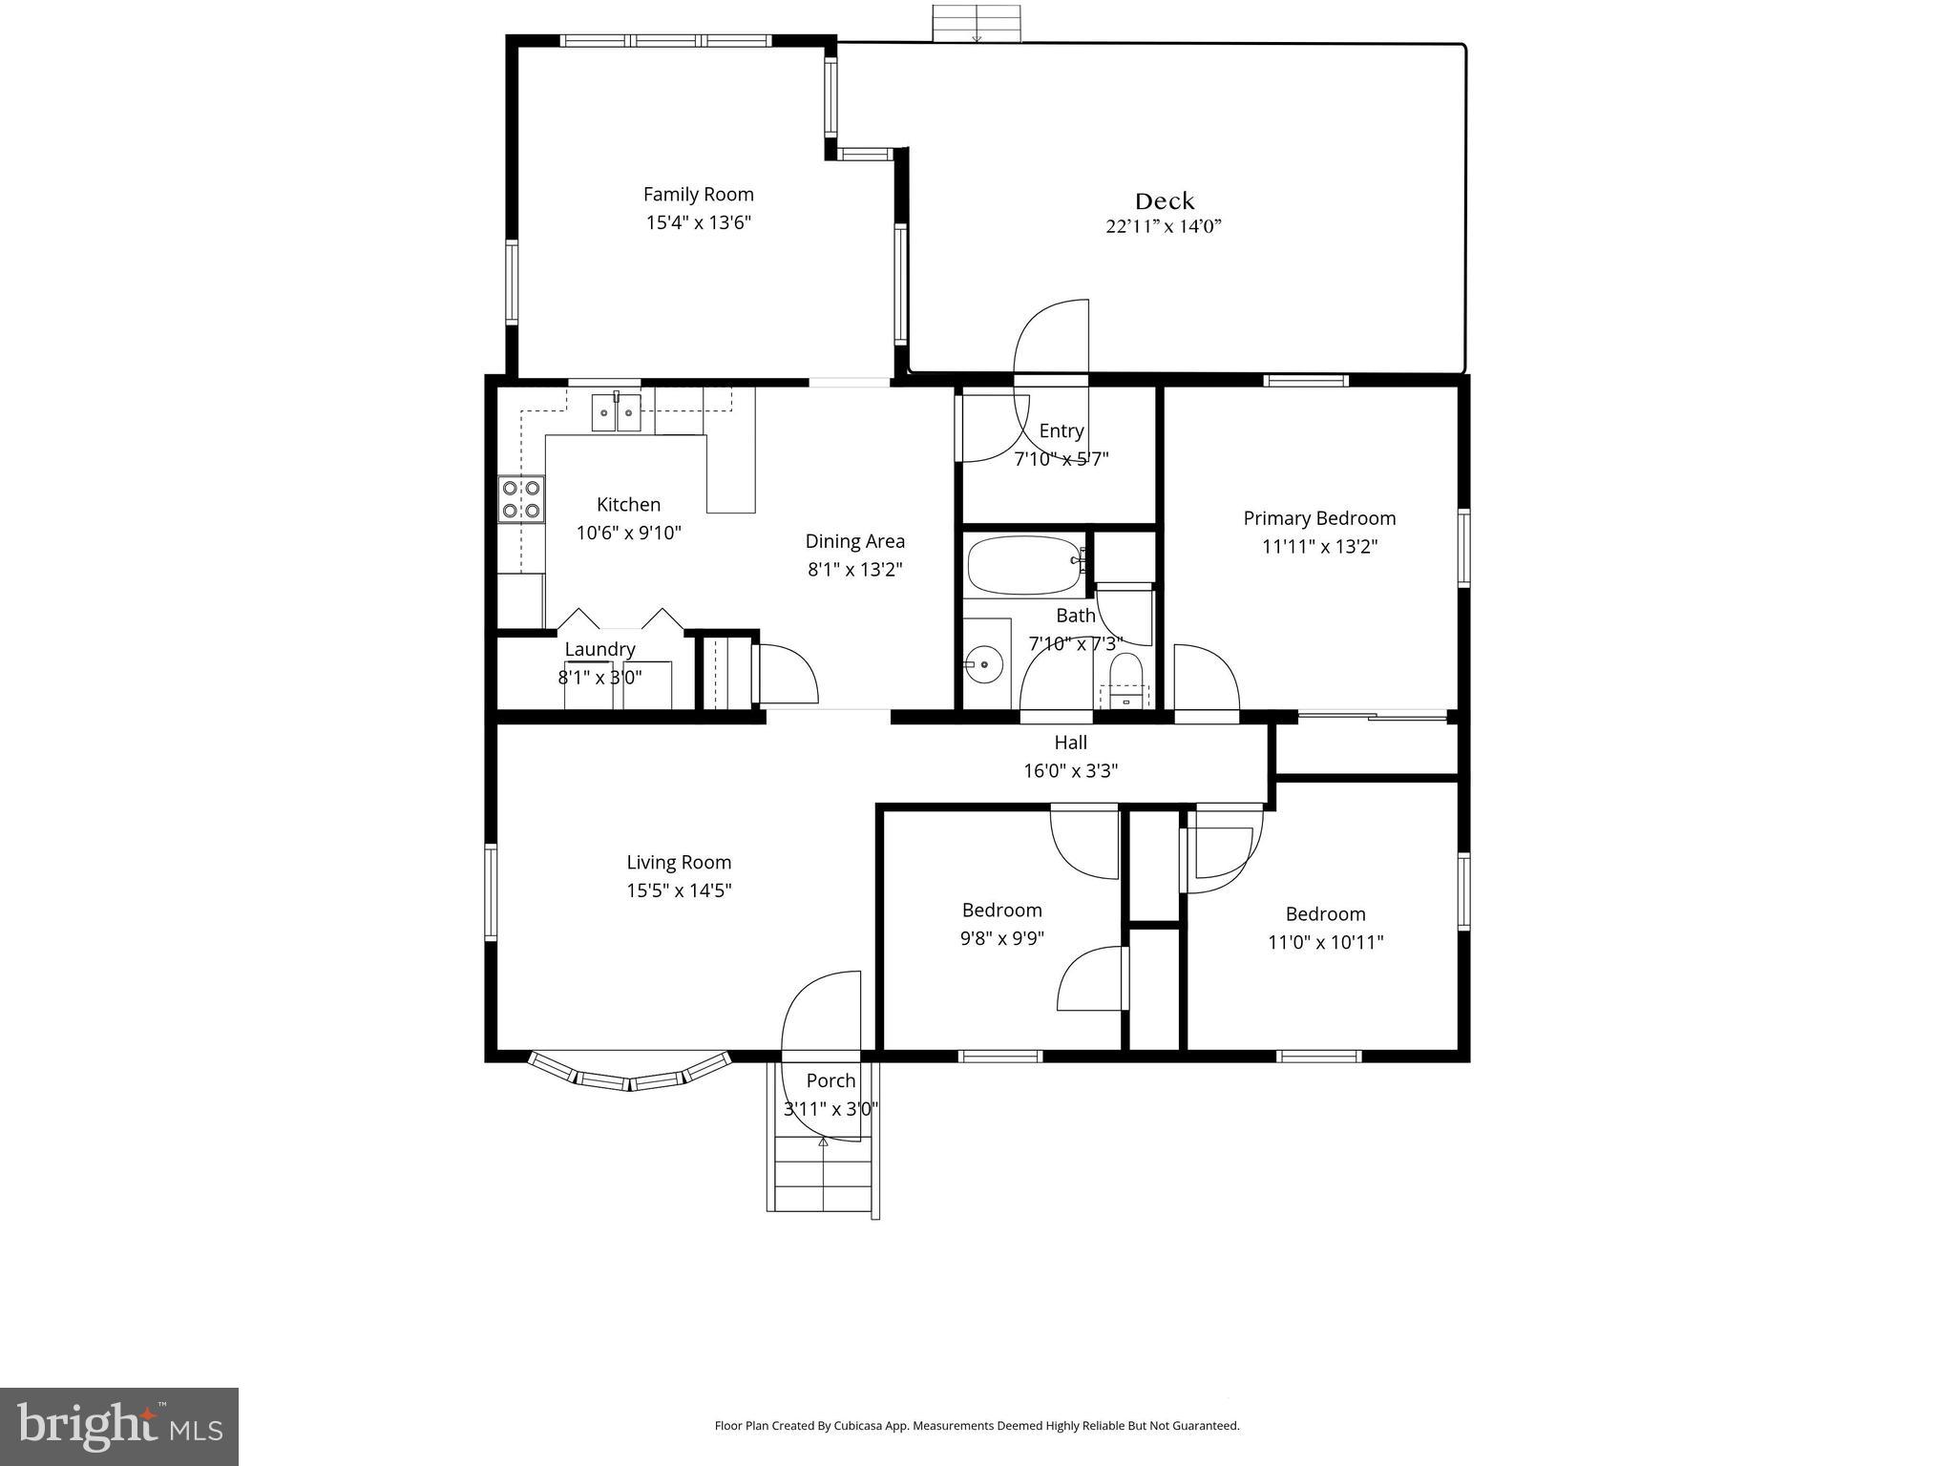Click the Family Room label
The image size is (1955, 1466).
click(698, 195)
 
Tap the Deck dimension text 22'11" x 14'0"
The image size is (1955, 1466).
click(1164, 227)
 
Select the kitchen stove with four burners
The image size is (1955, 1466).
click(520, 499)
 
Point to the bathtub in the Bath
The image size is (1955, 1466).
click(1022, 565)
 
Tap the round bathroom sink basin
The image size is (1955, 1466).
click(983, 663)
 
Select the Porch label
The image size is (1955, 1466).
click(830, 1080)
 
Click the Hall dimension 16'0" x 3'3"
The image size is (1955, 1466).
click(1070, 770)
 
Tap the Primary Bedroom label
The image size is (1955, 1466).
click(1319, 518)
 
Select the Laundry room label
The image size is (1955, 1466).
click(599, 649)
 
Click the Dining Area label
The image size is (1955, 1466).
click(854, 541)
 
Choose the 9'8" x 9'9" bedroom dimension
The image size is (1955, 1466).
click(1001, 938)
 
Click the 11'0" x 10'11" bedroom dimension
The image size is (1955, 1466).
click(1325, 942)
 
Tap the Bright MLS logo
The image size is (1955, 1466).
click(119, 1426)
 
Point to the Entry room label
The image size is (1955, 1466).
click(1061, 430)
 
